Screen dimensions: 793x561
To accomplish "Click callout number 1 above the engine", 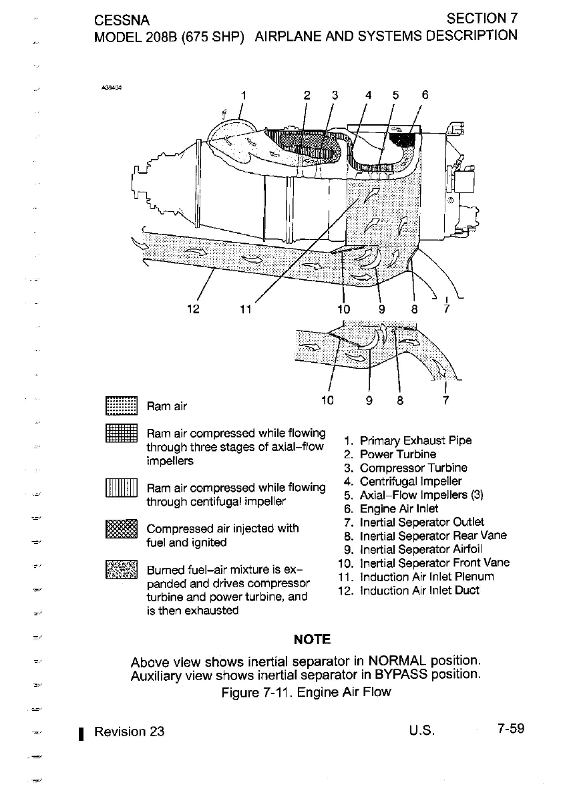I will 244,95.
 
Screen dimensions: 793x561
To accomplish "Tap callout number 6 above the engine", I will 424,95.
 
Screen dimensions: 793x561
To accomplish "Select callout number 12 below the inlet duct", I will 194,309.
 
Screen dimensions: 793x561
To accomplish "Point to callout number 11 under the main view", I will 246,309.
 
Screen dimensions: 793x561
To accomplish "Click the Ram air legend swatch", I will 121,406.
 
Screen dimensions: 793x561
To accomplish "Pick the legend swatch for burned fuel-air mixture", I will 121,573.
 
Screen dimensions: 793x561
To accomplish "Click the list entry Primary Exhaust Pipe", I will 415,440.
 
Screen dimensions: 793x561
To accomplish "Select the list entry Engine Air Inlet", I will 399,508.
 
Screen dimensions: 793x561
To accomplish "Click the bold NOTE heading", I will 312,639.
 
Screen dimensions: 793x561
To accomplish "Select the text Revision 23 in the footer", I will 129,731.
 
